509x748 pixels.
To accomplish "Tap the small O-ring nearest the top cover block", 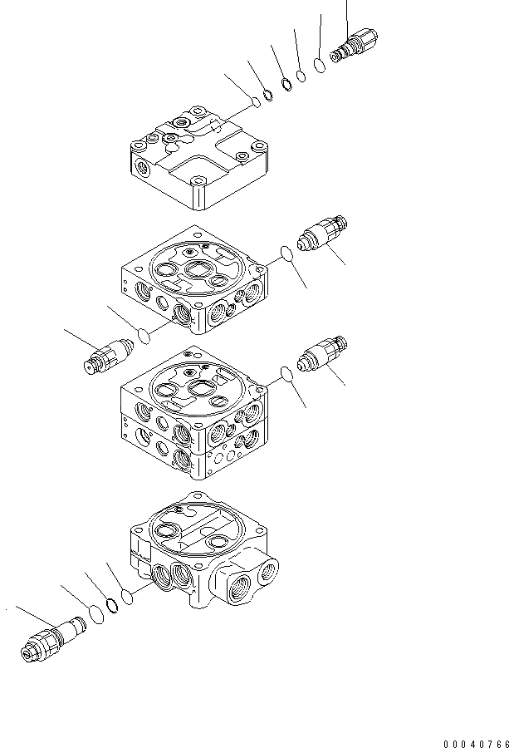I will [255, 101].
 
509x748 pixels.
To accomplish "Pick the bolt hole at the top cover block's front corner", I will [198, 184].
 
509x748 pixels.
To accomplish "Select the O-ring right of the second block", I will [284, 252].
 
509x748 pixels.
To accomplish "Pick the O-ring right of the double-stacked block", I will [284, 374].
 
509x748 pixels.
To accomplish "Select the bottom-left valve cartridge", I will [51, 641].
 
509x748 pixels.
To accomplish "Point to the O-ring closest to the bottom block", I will [128, 596].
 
